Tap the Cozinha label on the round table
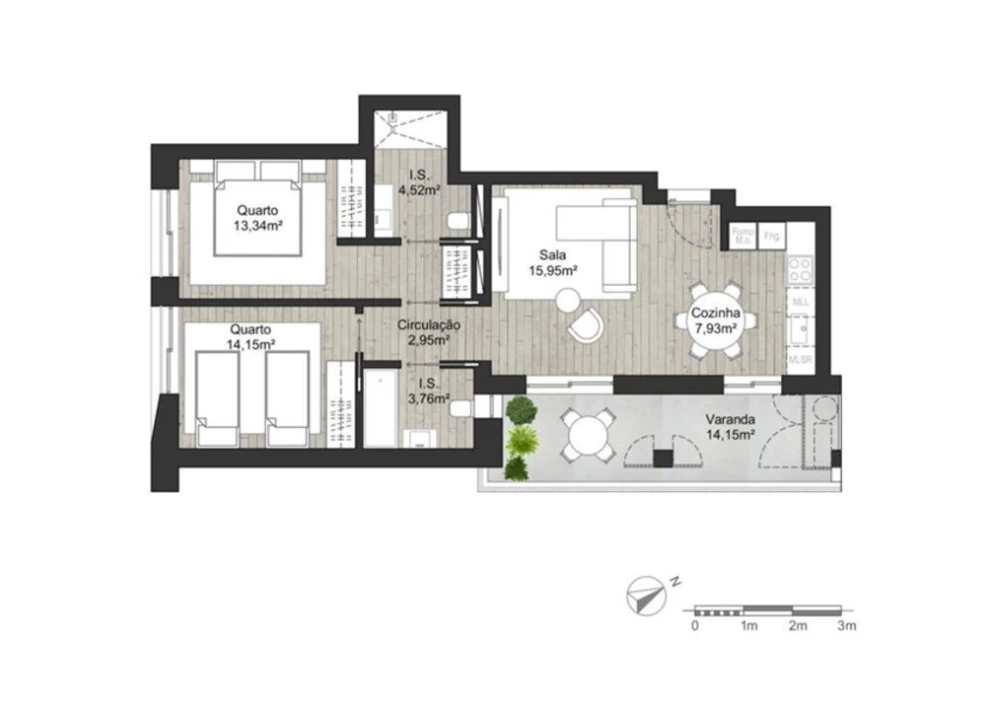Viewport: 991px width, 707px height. [x=714, y=321]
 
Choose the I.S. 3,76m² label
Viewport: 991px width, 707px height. [x=433, y=392]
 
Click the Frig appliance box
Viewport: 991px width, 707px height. [x=772, y=235]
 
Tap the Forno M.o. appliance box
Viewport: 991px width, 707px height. [x=742, y=235]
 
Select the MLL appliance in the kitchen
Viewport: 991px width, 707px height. [x=801, y=301]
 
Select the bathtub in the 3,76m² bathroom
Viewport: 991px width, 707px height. [x=381, y=408]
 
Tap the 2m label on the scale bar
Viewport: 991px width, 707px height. [x=797, y=625]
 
